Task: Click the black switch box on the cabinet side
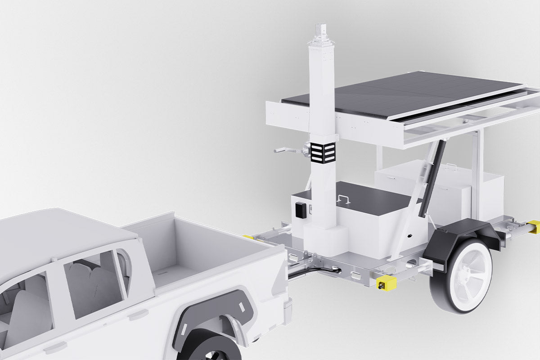(x=300, y=209)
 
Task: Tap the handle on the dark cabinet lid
(x=344, y=198)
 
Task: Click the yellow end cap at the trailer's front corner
(x=386, y=283)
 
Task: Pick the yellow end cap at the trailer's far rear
(x=533, y=227)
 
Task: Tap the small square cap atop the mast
(x=322, y=29)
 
